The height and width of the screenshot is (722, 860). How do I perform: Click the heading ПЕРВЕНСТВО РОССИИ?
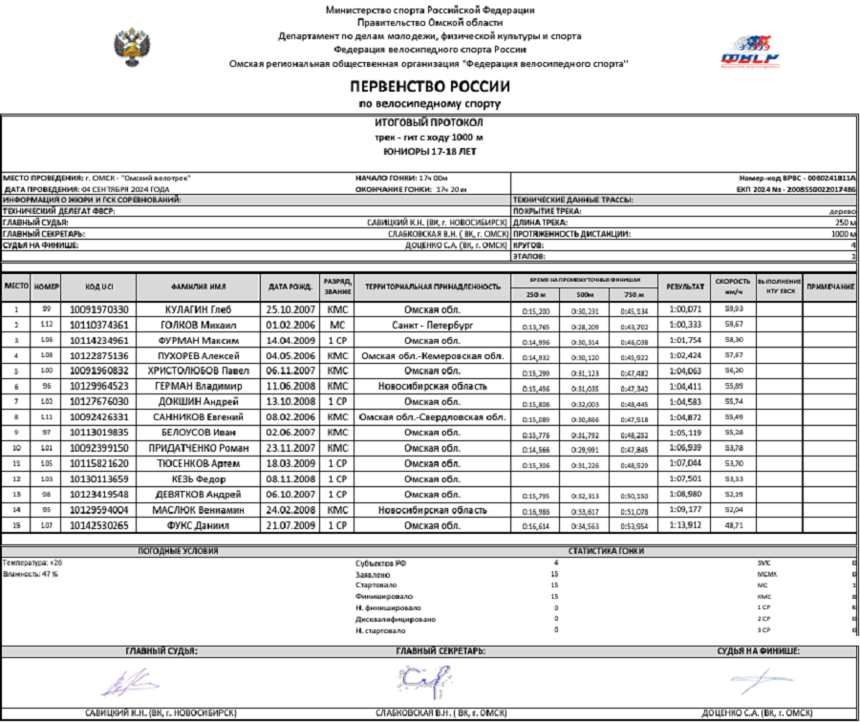[429, 87]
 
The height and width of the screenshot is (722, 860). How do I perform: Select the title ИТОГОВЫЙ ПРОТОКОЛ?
[429, 123]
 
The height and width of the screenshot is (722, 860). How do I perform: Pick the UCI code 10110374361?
[99, 325]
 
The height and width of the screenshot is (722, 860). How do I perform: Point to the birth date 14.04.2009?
[290, 340]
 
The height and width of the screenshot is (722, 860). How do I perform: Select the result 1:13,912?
[685, 525]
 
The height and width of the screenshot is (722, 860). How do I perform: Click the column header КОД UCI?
[99, 287]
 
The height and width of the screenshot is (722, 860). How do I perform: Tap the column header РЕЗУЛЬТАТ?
[685, 287]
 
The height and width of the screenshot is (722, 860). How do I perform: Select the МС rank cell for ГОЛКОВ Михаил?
[336, 325]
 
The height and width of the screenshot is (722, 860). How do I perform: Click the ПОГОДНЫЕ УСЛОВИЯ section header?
[178, 551]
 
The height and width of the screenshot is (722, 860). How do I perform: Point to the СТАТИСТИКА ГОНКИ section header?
[606, 551]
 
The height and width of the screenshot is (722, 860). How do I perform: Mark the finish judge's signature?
[755, 680]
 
